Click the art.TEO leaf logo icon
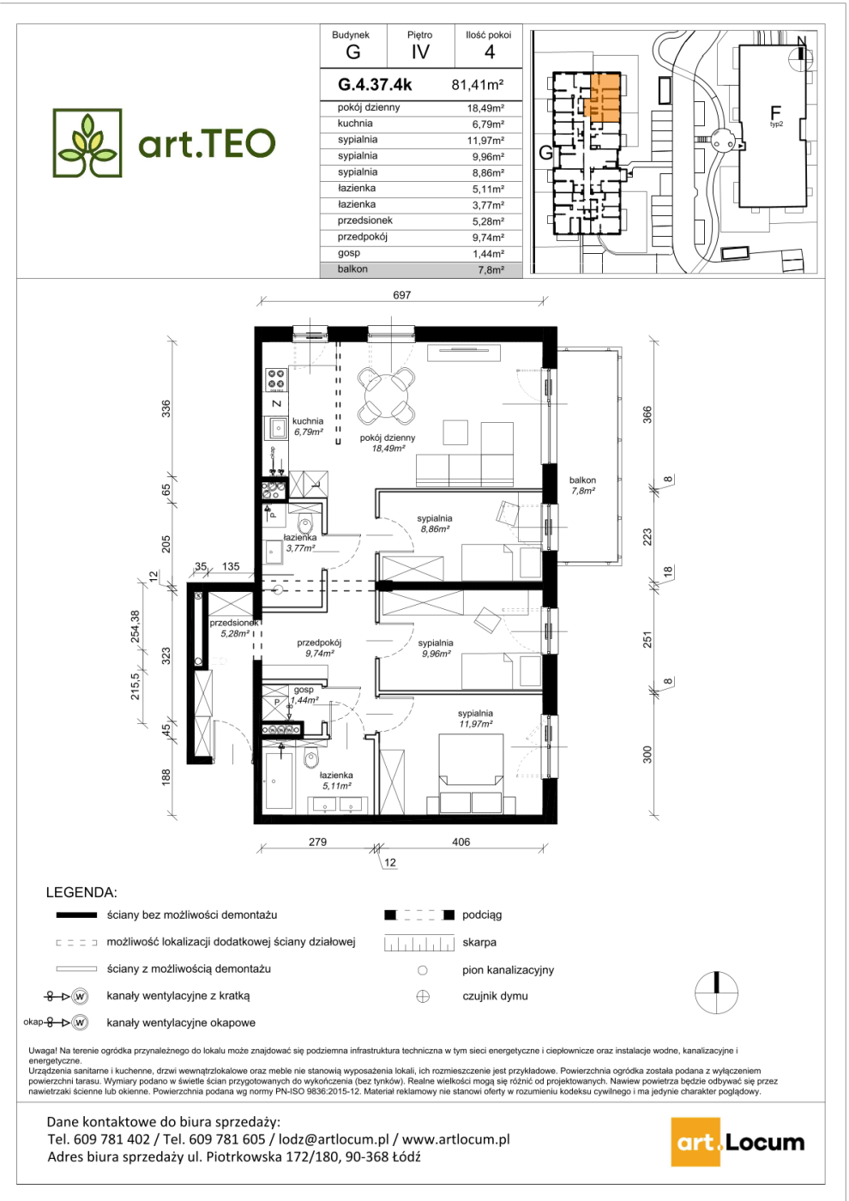(87, 142)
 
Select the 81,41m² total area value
(478, 85)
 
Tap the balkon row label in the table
(352, 269)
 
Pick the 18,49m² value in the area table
(485, 108)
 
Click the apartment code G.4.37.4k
(375, 85)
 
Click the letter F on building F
(775, 113)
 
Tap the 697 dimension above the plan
(401, 295)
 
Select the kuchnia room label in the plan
(308, 421)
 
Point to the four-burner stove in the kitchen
(276, 378)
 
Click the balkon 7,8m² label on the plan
(582, 486)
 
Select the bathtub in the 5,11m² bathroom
(279, 782)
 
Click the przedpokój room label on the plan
(319, 643)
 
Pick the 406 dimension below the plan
(461, 842)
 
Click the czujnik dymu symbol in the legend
(423, 997)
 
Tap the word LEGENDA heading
(81, 893)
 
